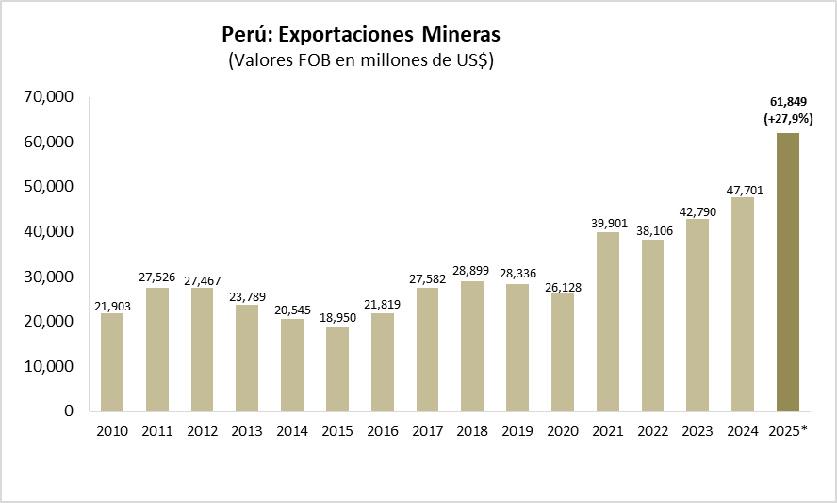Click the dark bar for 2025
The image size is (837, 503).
click(787, 272)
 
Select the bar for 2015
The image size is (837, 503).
click(336, 369)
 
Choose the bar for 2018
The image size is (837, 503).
click(472, 346)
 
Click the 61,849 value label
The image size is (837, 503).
click(788, 102)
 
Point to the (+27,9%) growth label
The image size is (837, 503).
click(788, 119)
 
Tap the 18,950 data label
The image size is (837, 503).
click(336, 316)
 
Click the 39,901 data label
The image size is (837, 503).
click(607, 222)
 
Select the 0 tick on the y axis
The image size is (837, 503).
click(70, 411)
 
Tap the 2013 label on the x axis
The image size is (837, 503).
click(246, 431)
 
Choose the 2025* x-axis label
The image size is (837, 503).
click(789, 431)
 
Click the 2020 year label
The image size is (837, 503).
click(562, 431)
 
